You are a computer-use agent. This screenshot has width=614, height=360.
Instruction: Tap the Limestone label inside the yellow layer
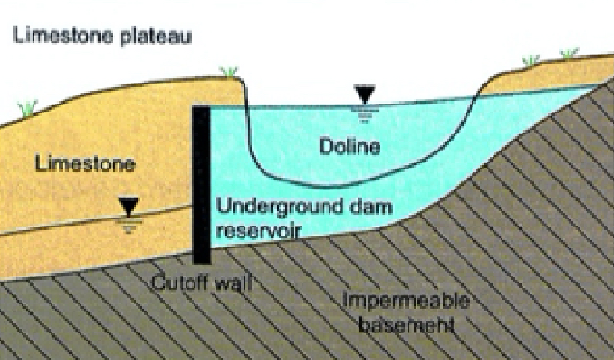pos(85,164)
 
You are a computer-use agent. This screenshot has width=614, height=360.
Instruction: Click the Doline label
pos(349,147)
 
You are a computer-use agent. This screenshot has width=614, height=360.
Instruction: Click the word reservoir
pos(259,231)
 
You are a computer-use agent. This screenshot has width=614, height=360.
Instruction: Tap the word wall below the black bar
pos(234,283)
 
